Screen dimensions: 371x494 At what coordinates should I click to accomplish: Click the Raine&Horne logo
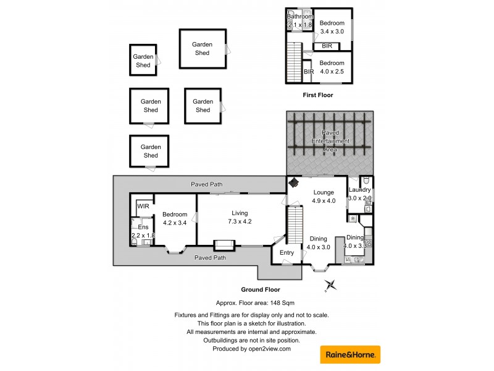click(350, 354)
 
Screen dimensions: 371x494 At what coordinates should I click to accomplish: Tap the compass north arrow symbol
click(331, 284)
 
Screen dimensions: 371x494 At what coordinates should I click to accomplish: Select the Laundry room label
click(359, 190)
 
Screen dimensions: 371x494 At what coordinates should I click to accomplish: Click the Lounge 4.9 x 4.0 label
click(323, 197)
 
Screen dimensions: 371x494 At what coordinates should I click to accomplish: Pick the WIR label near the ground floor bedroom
click(143, 206)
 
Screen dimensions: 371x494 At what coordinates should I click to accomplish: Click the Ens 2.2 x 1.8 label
click(143, 231)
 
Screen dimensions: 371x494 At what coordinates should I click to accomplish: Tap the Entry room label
click(287, 252)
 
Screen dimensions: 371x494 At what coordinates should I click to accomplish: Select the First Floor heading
click(317, 95)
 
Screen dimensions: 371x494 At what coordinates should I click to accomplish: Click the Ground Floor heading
click(260, 289)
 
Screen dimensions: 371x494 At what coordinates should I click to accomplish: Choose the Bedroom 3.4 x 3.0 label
click(332, 27)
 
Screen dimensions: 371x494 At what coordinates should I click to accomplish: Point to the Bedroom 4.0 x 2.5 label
click(332, 67)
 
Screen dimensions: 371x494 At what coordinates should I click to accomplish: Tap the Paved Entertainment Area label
click(330, 141)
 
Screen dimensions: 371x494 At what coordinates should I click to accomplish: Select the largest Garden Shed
click(202, 49)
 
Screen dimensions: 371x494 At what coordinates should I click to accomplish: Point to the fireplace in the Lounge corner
click(295, 183)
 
